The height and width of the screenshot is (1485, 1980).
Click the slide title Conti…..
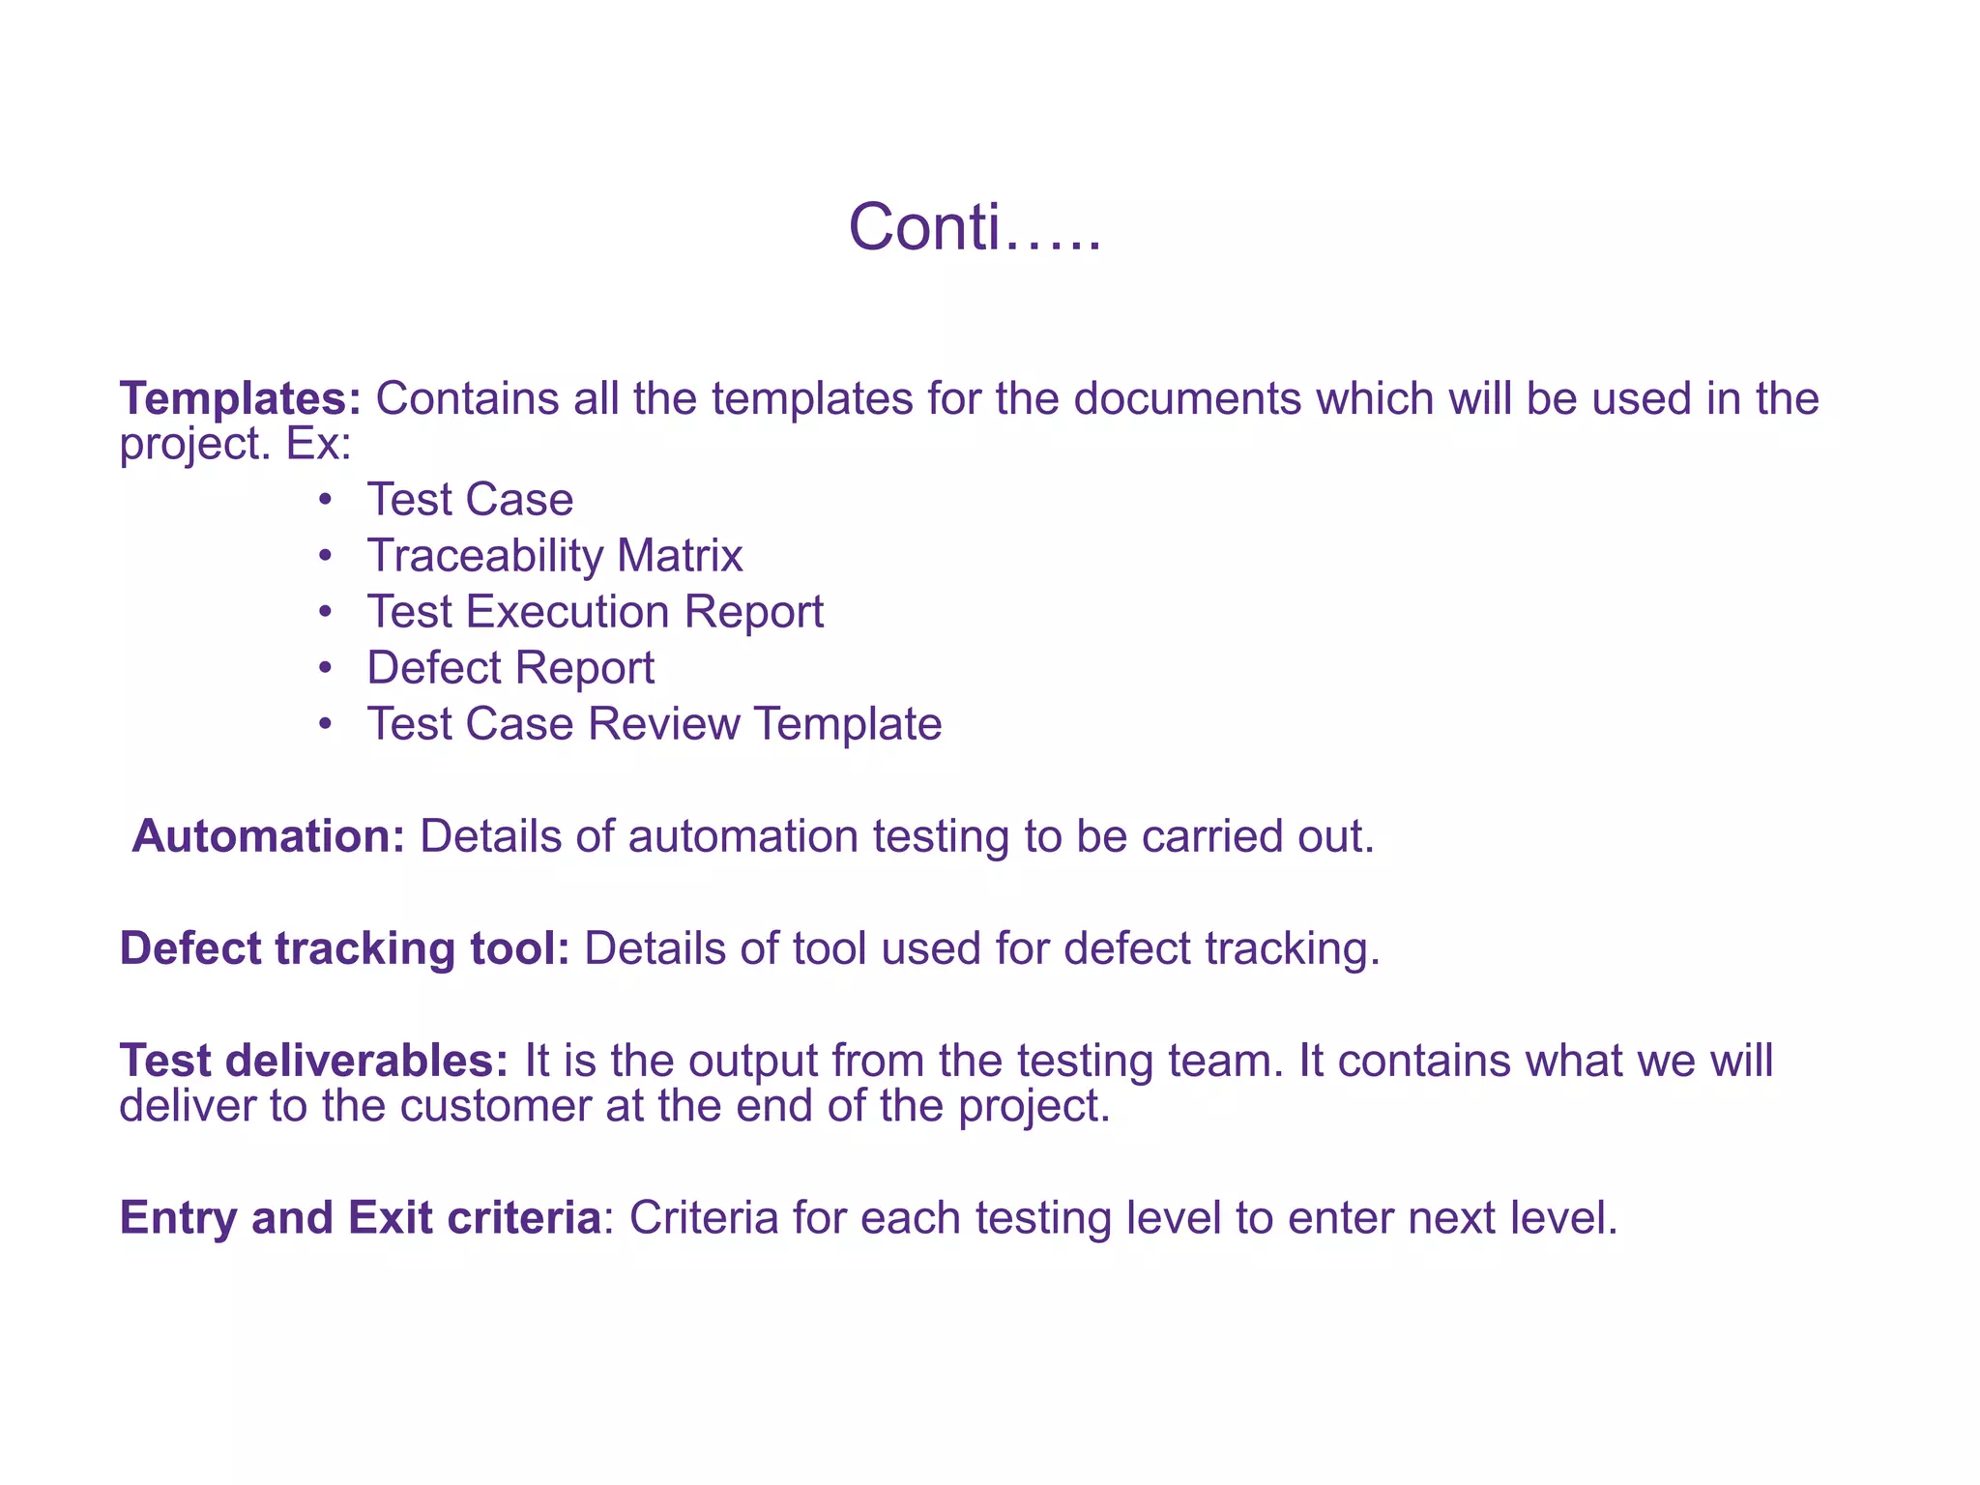click(975, 228)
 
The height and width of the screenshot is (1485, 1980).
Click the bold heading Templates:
click(240, 398)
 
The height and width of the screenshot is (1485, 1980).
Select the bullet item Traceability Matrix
click(555, 556)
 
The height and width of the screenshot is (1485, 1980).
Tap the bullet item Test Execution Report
click(596, 612)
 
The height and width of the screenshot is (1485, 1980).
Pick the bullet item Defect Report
click(510, 668)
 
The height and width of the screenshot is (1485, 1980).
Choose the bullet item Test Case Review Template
click(655, 724)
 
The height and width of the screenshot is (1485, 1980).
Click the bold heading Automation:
click(269, 836)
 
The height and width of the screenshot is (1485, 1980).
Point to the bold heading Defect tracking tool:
click(344, 948)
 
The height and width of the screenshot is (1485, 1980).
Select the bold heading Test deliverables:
click(314, 1061)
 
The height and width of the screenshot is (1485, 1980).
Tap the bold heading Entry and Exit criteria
click(361, 1217)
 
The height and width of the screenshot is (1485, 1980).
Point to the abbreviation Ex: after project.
click(318, 444)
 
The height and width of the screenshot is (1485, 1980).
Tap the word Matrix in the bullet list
click(680, 556)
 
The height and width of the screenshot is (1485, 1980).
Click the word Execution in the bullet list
click(568, 612)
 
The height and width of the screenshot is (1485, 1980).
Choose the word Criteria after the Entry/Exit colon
click(704, 1217)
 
